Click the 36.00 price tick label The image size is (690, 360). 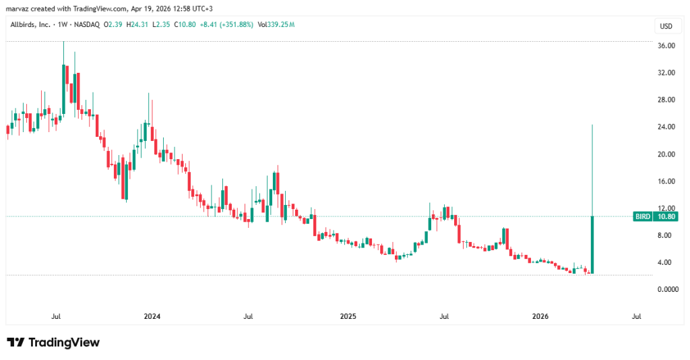666,46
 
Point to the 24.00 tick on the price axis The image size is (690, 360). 666,127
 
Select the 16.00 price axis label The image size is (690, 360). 666,181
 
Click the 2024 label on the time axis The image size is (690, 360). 152,316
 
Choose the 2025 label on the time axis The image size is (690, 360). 348,316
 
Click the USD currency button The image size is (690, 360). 666,26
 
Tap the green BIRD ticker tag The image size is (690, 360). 643,216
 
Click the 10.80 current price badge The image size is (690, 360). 666,216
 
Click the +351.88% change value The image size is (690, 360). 232,25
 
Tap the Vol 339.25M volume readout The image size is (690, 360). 276,25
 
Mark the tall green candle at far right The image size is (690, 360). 592,243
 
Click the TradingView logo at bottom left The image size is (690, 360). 53,342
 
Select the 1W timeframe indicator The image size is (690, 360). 65,25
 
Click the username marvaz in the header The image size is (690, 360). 18,8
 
